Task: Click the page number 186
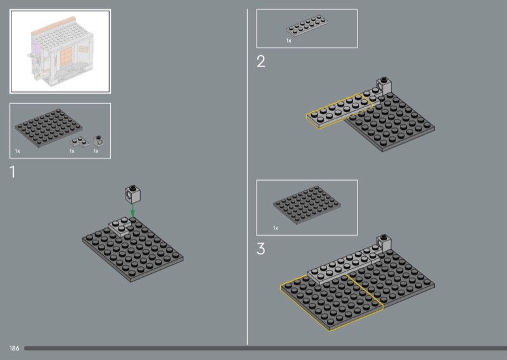tap(14, 349)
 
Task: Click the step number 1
tap(13, 172)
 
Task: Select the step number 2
tap(261, 61)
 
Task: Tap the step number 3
tap(261, 248)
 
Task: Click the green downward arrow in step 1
tap(132, 210)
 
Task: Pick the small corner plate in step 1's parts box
tap(79, 142)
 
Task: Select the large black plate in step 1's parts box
tap(49, 128)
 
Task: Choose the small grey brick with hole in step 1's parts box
tap(98, 141)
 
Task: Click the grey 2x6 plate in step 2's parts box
tap(307, 25)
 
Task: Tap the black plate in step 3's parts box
tap(307, 205)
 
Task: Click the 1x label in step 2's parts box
tap(289, 41)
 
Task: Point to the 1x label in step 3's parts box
tap(276, 228)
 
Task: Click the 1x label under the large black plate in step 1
tap(18, 151)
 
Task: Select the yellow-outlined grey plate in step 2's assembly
tap(339, 111)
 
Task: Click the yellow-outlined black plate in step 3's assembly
tap(331, 302)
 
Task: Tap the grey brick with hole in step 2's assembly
tap(384, 86)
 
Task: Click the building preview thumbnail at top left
tap(60, 51)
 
